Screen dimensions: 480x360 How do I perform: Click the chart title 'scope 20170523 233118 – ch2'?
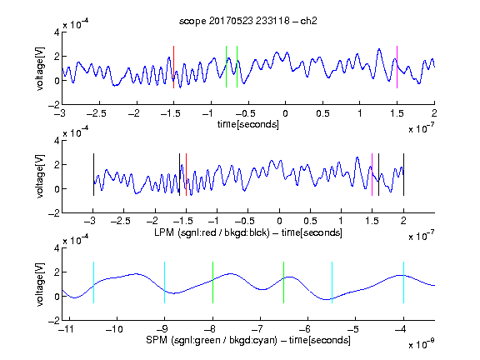point(248,21)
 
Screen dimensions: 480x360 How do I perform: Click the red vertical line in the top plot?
point(173,67)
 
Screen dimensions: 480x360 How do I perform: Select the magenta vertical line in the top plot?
point(397,67)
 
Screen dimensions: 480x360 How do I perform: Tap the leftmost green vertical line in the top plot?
point(226,67)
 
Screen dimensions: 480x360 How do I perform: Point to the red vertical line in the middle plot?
point(186,174)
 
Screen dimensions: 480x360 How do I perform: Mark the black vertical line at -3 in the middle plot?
point(93,174)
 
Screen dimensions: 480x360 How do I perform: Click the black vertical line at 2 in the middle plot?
point(404,174)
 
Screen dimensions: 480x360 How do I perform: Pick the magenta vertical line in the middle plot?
point(372,174)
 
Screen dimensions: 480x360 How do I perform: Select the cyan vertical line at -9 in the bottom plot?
point(165,282)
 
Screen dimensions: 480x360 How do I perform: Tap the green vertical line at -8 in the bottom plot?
point(212,282)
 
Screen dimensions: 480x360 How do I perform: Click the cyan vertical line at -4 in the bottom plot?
point(404,282)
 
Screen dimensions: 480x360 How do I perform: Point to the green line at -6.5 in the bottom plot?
point(284,282)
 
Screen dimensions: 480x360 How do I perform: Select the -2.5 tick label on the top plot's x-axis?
point(96,113)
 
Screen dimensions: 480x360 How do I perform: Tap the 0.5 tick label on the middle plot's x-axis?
point(310,221)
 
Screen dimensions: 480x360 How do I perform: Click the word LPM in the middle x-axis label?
point(164,232)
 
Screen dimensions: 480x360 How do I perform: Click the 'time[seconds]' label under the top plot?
point(248,124)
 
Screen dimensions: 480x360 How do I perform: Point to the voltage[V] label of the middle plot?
point(40,177)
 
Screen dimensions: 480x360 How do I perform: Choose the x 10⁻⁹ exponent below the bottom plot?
point(422,344)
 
